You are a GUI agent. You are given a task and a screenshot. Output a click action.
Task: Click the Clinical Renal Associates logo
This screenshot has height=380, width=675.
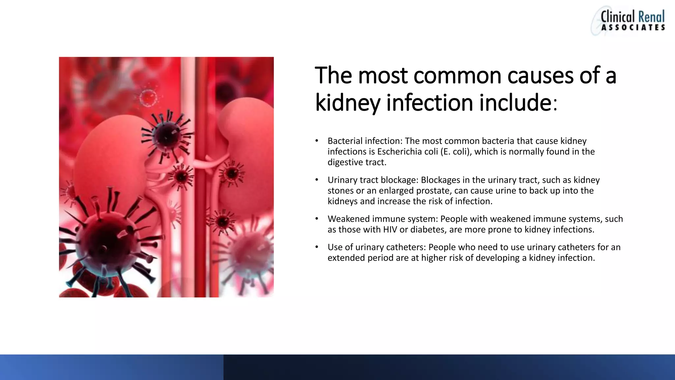(x=628, y=20)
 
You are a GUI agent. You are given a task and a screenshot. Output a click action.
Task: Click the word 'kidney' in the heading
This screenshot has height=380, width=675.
(x=348, y=103)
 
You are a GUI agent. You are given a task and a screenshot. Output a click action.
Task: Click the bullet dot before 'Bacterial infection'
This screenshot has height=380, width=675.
(x=317, y=141)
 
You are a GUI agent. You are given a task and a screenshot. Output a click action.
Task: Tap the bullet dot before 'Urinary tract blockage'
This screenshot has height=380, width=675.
(x=317, y=180)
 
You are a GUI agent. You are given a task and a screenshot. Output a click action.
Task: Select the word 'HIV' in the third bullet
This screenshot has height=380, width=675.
(x=390, y=230)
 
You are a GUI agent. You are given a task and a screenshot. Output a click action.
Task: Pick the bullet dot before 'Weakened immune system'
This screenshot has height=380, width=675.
(x=317, y=219)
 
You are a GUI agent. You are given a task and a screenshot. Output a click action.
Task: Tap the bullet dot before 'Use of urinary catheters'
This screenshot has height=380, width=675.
(x=317, y=247)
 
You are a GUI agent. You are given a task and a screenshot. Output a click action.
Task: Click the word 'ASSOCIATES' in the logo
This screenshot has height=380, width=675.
(x=633, y=28)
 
